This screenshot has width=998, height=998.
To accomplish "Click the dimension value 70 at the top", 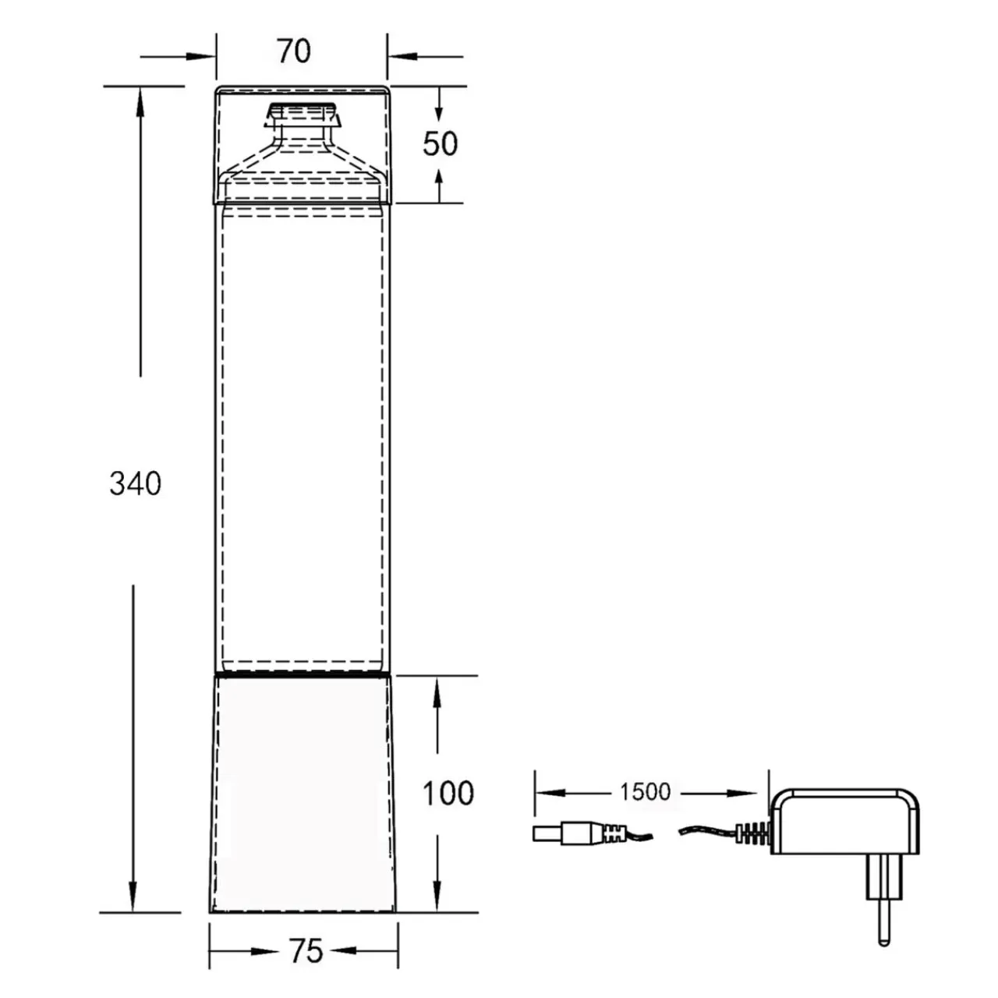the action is coord(294,51).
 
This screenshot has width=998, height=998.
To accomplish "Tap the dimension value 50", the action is coord(440,143).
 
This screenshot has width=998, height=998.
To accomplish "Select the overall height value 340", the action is coord(135,483).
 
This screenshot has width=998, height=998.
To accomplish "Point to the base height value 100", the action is coord(448,807).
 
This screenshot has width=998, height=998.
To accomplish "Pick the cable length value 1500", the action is coord(645,791).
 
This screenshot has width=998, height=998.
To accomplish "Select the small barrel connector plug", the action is coord(579,833).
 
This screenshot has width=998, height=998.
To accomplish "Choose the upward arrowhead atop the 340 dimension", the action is coord(140,102).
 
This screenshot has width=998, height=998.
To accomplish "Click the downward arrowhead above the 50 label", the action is coord(439,111).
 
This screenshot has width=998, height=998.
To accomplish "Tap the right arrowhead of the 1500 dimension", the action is coord(743,793).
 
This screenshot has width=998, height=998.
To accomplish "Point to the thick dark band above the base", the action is coord(303,674).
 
